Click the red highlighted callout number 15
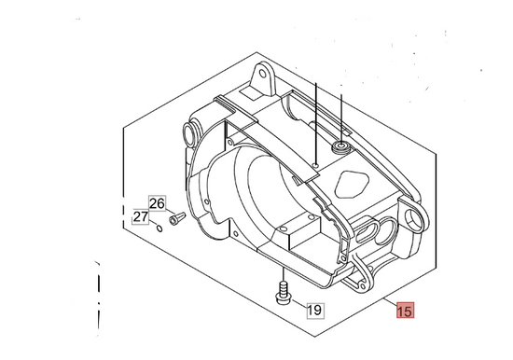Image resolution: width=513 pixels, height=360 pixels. pos(406,310)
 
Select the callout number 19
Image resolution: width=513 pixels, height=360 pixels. pos(315,310)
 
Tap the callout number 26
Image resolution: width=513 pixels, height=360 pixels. pos(157,203)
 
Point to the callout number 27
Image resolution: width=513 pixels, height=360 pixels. pos(140,216)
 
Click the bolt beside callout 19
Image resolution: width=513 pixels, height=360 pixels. pos(283,293)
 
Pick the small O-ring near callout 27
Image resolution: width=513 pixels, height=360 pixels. pos(159,228)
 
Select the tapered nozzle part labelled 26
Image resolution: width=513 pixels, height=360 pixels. pos(177,218)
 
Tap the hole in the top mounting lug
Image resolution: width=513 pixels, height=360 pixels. pos(263,73)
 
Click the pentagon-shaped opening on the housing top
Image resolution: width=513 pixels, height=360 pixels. pos(353,185)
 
